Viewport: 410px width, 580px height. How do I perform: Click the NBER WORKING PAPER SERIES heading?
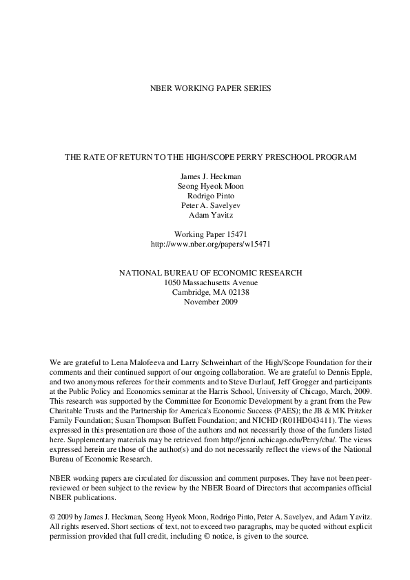click(x=210, y=89)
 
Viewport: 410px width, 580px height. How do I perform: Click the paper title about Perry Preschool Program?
click(x=210, y=157)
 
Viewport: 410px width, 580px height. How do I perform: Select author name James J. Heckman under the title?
click(x=210, y=176)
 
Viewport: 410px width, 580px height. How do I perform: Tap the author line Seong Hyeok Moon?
click(x=210, y=185)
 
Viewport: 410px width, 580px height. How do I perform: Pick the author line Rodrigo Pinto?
click(x=210, y=195)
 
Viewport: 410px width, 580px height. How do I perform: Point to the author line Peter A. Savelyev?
click(x=210, y=205)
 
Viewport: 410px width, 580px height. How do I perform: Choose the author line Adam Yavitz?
click(x=210, y=214)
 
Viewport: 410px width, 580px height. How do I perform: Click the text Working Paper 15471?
click(x=210, y=234)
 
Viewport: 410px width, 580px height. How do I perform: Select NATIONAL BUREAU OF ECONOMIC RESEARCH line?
click(x=210, y=273)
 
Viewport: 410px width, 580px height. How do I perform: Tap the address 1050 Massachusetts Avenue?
click(x=210, y=282)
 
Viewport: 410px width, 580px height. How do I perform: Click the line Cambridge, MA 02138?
click(x=210, y=292)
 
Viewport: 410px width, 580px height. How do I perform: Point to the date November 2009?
click(x=210, y=302)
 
